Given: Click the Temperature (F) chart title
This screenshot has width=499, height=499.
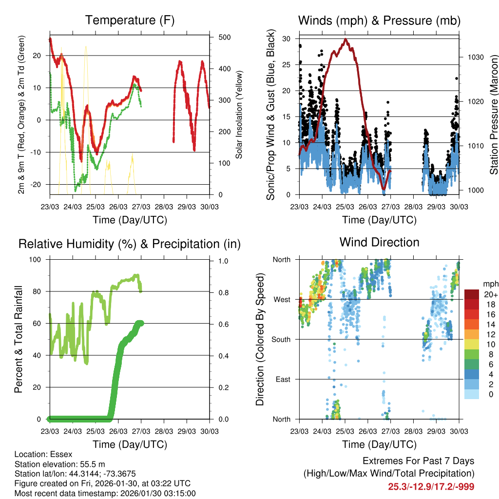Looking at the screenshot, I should (130, 20).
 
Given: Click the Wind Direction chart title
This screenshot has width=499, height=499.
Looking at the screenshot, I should (379, 242).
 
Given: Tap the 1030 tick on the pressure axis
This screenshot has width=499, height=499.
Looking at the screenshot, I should (475, 57).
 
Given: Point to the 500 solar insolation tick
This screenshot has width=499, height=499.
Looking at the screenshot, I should (225, 38).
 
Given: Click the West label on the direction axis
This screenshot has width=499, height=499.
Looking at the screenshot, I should (282, 299).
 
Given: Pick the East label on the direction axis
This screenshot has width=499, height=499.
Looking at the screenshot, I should (283, 379).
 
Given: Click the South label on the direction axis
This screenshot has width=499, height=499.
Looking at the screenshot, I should (281, 339).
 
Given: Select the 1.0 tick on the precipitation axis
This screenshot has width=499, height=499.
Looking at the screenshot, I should (223, 261).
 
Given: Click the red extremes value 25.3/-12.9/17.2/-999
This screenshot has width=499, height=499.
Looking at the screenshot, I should (431, 486).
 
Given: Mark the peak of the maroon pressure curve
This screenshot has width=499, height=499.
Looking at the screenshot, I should (345, 39).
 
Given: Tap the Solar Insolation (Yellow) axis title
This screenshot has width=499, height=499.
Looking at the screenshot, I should (239, 116).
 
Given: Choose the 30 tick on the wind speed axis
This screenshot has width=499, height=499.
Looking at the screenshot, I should (287, 38).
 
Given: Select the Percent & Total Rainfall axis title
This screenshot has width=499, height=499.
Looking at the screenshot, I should (18, 339).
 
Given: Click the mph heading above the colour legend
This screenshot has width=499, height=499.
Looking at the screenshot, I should (489, 284).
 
